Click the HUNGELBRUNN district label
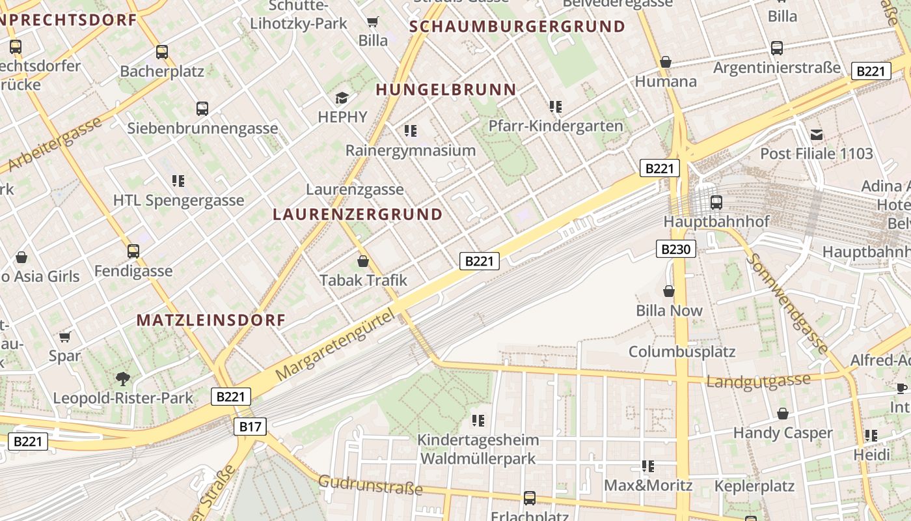click(x=446, y=90)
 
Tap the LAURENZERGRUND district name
click(x=357, y=214)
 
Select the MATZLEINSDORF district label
click(x=211, y=320)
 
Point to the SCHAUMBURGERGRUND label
click(x=518, y=27)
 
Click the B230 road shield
click(x=676, y=249)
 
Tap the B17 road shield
click(x=250, y=427)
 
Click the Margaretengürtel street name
click(x=335, y=346)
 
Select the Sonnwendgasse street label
click(x=787, y=303)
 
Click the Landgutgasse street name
click(x=759, y=381)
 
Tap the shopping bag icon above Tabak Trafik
click(x=363, y=262)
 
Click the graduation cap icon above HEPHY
click(x=342, y=98)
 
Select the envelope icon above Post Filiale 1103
click(x=817, y=135)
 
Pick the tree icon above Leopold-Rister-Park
click(x=122, y=378)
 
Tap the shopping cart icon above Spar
click(x=64, y=337)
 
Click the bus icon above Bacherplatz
click(x=161, y=52)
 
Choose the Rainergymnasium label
click(x=411, y=150)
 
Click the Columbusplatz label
click(x=681, y=352)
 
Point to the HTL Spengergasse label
click(x=178, y=200)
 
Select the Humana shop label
click(x=666, y=81)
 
